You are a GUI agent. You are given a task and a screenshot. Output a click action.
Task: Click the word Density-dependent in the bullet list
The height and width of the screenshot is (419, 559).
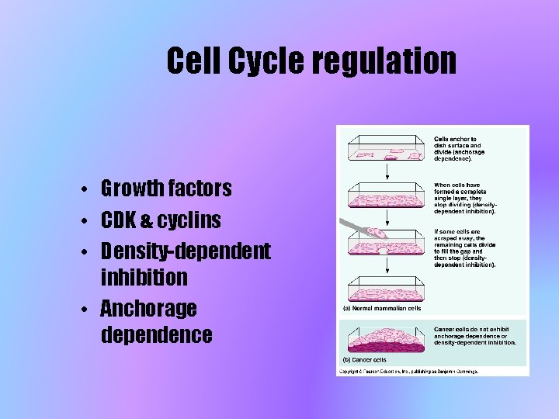tap(186, 251)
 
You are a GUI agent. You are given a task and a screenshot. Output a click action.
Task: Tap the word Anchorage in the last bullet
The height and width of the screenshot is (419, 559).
tap(148, 309)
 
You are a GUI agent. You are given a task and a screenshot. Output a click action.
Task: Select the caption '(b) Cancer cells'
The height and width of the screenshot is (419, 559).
tap(365, 359)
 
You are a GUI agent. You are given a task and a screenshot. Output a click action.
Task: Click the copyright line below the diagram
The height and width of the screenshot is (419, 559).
tap(408, 371)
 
